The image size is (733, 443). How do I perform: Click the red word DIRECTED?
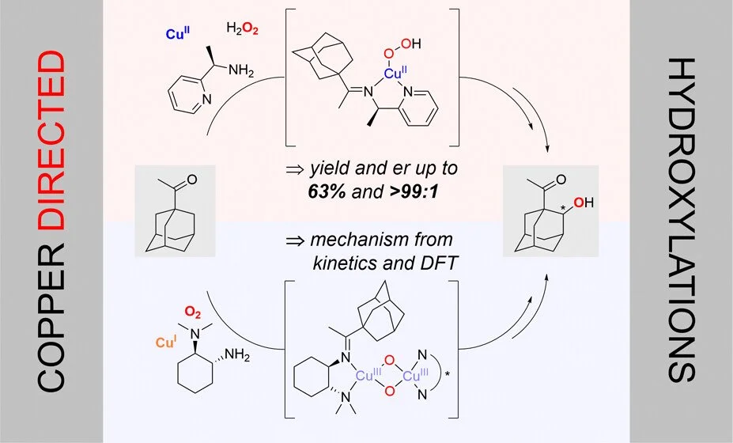coord(51,139)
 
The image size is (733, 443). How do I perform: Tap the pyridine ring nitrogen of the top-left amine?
coord(205,100)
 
